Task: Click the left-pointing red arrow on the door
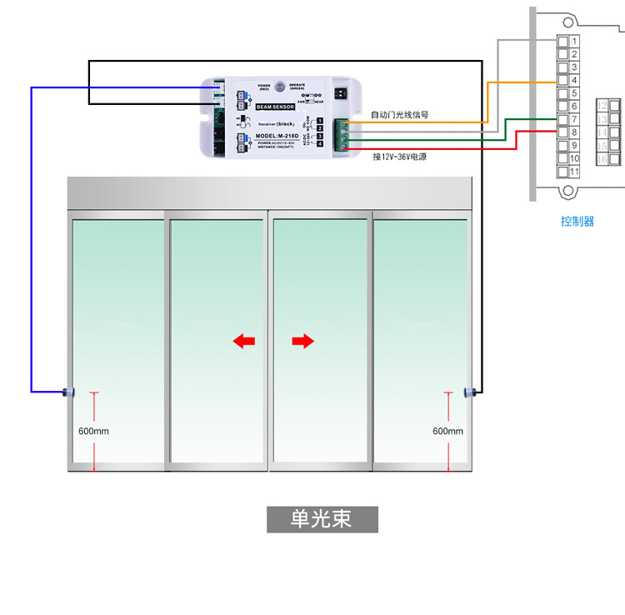243,340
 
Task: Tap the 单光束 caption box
322,519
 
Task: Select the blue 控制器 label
577,222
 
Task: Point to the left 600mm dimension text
93,431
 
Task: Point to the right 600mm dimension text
447,431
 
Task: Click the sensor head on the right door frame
469,391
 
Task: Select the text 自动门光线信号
399,115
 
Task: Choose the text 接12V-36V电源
399,156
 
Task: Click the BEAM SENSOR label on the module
275,107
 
